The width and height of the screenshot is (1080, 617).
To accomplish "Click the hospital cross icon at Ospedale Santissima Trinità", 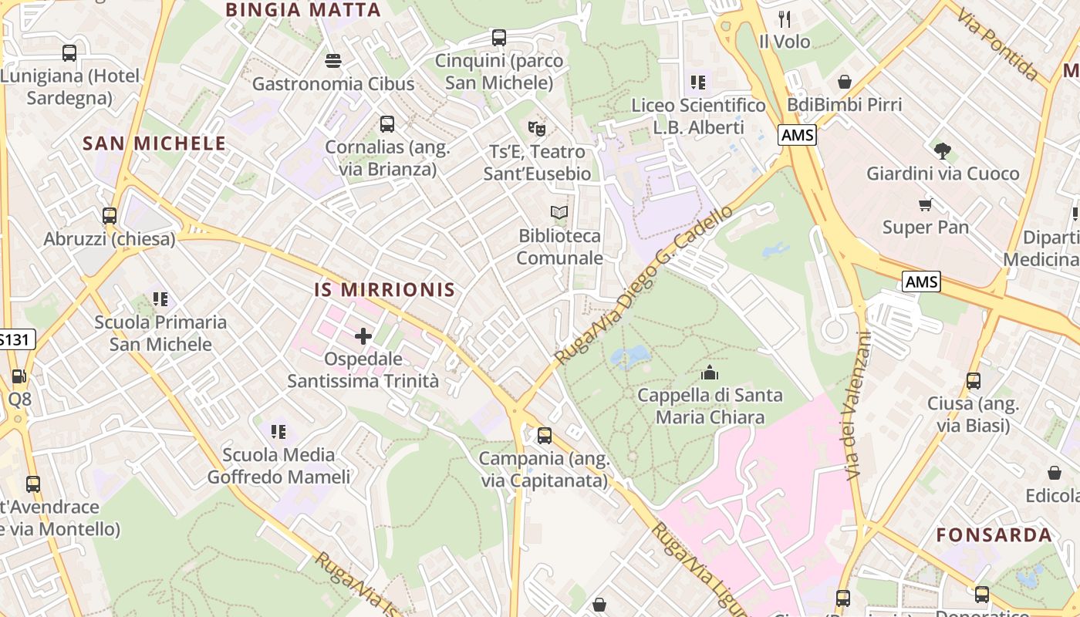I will coord(363,336).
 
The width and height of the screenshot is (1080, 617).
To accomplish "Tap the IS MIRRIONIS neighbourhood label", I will coord(384,290).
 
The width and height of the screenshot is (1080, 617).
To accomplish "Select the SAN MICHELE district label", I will coord(154,143).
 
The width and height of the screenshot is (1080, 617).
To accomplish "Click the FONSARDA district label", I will coord(994,535).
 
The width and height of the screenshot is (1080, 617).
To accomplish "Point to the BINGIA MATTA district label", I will coord(303,10).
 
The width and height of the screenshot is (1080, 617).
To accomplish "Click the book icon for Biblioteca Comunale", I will coord(559,212).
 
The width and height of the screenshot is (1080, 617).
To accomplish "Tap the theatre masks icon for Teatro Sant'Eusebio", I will coord(537,128).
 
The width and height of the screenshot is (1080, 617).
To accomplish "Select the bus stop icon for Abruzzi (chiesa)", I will coord(110,216).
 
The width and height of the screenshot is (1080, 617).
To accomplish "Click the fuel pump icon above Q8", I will coord(19,376).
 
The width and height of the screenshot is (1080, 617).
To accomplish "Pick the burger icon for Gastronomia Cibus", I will coord(333,60).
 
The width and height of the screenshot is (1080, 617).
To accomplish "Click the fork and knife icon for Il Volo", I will coord(785,19).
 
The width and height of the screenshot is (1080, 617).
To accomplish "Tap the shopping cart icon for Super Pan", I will coord(926,204).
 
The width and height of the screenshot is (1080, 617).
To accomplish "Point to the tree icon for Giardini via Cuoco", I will coord(942,150).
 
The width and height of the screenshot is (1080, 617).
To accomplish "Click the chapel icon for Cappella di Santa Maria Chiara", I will coord(709,373).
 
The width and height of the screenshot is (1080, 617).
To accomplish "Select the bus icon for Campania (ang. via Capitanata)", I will coord(545,436).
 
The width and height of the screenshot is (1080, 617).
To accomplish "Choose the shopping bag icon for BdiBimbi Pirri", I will coord(845,82).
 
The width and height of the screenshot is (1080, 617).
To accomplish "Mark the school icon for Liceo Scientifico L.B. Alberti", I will coord(698,82).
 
